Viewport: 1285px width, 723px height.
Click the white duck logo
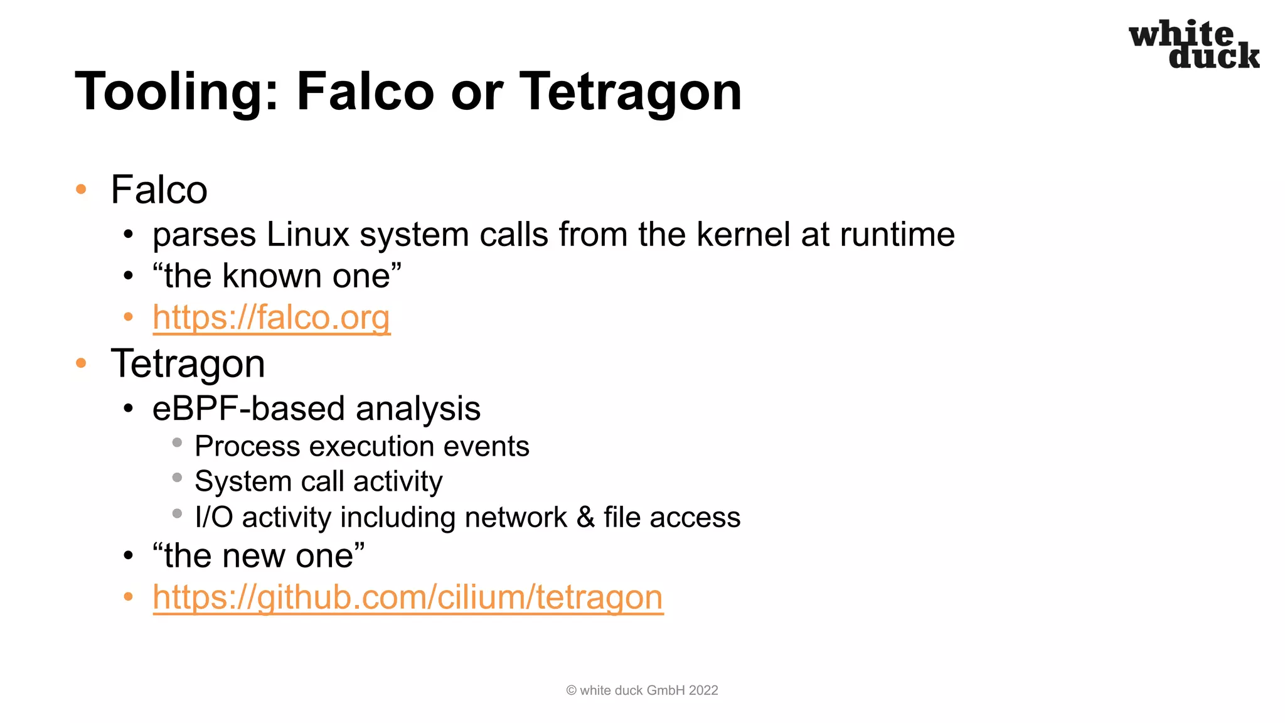(1193, 45)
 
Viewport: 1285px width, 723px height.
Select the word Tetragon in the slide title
(631, 92)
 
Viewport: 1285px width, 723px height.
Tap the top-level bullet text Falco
(159, 190)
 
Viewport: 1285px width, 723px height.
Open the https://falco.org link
(271, 317)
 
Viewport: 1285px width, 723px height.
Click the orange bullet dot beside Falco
(81, 189)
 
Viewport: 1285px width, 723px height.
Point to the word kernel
(744, 235)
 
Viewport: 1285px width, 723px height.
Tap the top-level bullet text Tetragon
(188, 364)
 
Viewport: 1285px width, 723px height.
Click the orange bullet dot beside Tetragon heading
(81, 363)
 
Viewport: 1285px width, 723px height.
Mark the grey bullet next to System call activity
(177, 478)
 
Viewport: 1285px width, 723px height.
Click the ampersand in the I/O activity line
(585, 517)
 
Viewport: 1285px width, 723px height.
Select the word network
(516, 517)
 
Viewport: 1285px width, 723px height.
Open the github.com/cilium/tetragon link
(408, 597)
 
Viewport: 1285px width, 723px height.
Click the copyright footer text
(641, 690)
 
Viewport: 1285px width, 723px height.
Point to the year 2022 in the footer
(703, 690)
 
